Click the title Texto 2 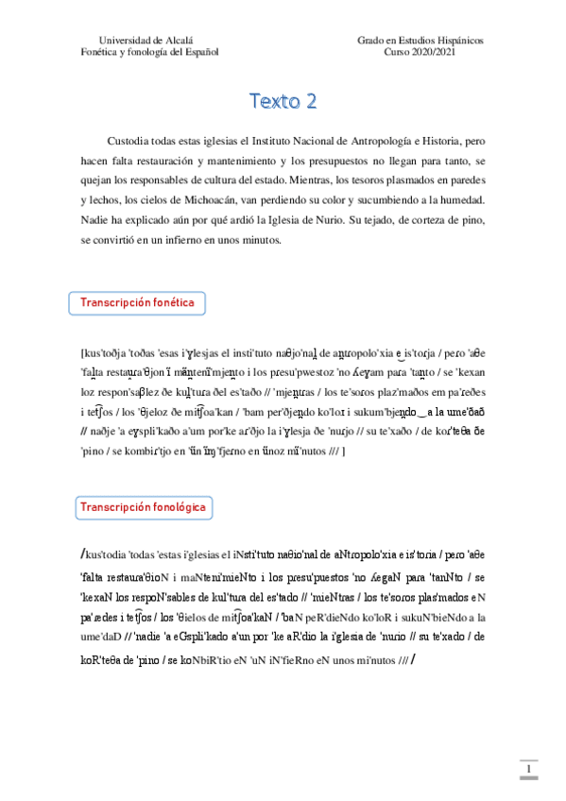(283, 100)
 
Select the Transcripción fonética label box (137, 302)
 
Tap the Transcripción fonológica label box (143, 507)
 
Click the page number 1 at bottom (531, 772)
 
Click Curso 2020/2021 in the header (420, 53)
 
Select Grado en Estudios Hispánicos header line (420, 42)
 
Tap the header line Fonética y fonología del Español (150, 53)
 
